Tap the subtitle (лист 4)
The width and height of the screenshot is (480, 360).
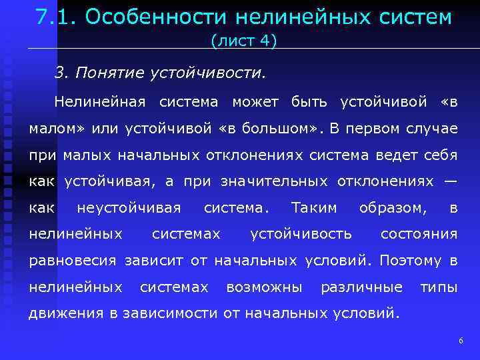coord(243,41)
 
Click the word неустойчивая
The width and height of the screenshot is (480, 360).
coord(129,208)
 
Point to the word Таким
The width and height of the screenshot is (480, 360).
coord(314,208)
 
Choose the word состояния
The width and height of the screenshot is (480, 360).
coord(419,234)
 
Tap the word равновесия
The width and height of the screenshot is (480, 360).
coord(72,261)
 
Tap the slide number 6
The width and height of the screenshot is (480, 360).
coord(461,341)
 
